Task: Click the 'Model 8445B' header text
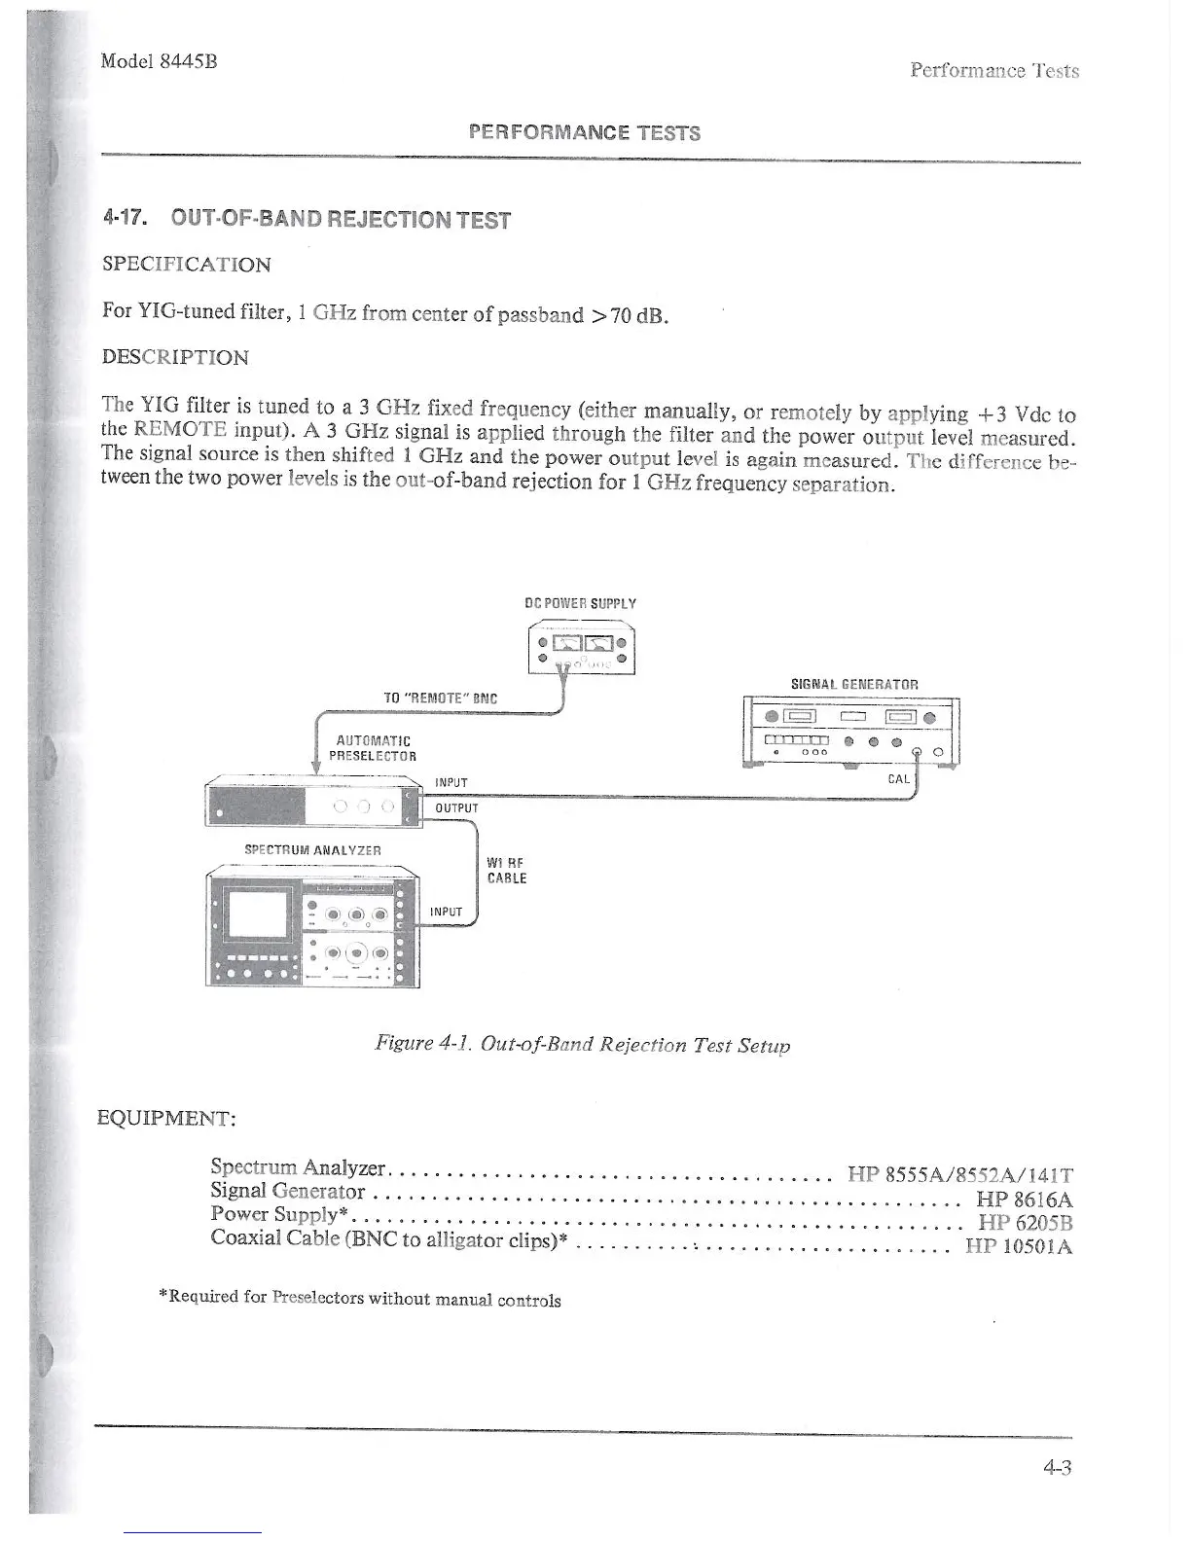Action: (159, 61)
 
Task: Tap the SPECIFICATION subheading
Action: (186, 265)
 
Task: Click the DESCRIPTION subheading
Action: (175, 357)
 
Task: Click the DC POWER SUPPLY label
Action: (580, 603)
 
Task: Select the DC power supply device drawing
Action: (580, 650)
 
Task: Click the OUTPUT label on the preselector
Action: (456, 808)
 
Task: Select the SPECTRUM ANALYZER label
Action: (312, 850)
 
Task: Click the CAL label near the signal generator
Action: (899, 779)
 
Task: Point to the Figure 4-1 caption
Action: (582, 1045)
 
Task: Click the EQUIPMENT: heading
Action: (168, 1117)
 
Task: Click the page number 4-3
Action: (1054, 1469)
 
